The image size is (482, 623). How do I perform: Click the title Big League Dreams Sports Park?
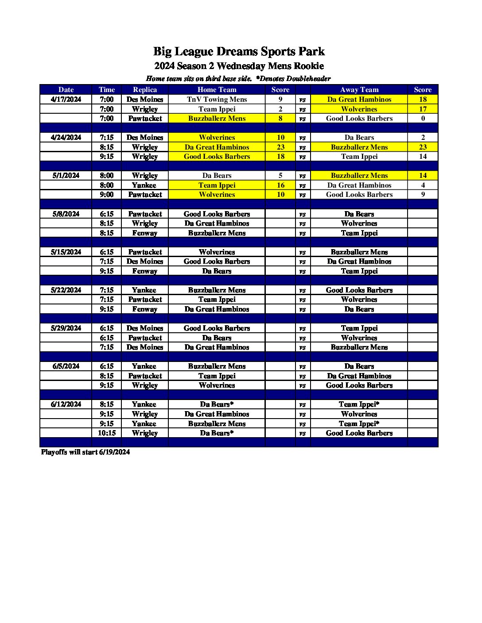coord(239,52)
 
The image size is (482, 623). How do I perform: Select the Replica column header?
coord(145,90)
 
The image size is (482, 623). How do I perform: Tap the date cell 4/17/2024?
coord(66,100)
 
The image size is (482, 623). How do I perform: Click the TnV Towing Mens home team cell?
coord(217,100)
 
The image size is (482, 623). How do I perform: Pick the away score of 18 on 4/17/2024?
coord(423,100)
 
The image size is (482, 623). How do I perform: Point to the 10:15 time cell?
coord(107,433)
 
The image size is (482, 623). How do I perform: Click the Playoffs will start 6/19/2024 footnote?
coord(86,452)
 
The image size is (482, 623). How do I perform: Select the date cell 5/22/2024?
coord(66,290)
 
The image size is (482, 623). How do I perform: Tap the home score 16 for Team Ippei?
coord(280,185)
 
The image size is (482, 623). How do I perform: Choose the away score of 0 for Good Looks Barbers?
coord(423,119)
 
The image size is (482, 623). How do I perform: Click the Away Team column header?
coord(359,90)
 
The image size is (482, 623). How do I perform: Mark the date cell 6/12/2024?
coord(66,404)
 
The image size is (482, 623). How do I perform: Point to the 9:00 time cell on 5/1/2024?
coord(107,195)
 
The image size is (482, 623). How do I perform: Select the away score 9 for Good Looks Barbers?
coord(423,195)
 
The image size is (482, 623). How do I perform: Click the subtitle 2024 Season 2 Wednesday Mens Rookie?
coord(239,66)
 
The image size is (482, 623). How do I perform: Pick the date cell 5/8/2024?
coord(66,214)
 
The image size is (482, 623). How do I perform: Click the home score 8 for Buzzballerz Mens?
coord(280,119)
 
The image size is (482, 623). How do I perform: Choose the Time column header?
coord(107,90)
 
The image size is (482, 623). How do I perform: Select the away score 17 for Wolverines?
coord(423,109)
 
